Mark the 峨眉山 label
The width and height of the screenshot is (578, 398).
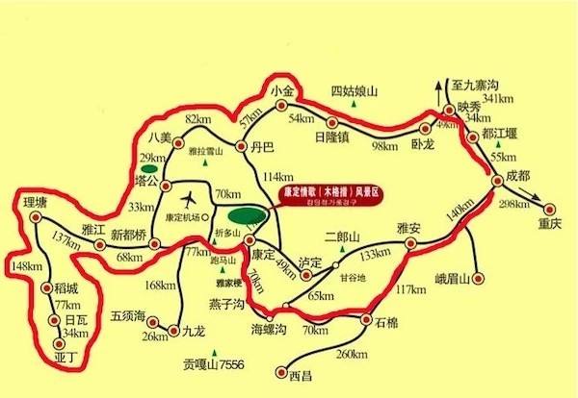click(x=450, y=280)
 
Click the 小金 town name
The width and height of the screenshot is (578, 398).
click(x=282, y=91)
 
